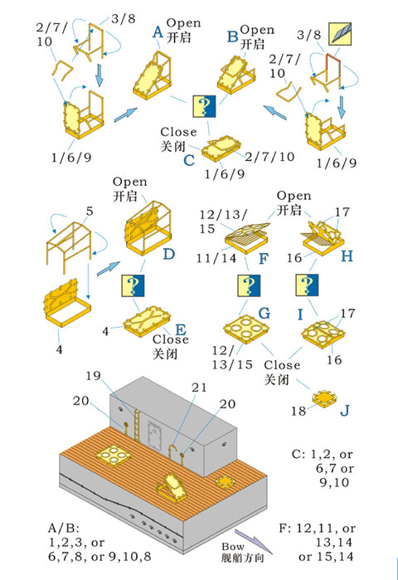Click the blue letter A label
[158, 32]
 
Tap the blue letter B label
[232, 37]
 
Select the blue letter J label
[344, 411]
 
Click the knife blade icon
[340, 34]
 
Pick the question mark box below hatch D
[133, 285]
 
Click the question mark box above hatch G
[249, 285]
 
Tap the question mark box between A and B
[204, 106]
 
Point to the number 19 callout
[93, 376]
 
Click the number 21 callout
[199, 387]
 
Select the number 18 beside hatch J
[298, 411]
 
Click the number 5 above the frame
[90, 212]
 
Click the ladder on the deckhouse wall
[137, 426]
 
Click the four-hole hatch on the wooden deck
[114, 456]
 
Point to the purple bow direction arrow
[254, 541]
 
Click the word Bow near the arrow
[233, 546]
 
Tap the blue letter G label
[265, 314]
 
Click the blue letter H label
[347, 256]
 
